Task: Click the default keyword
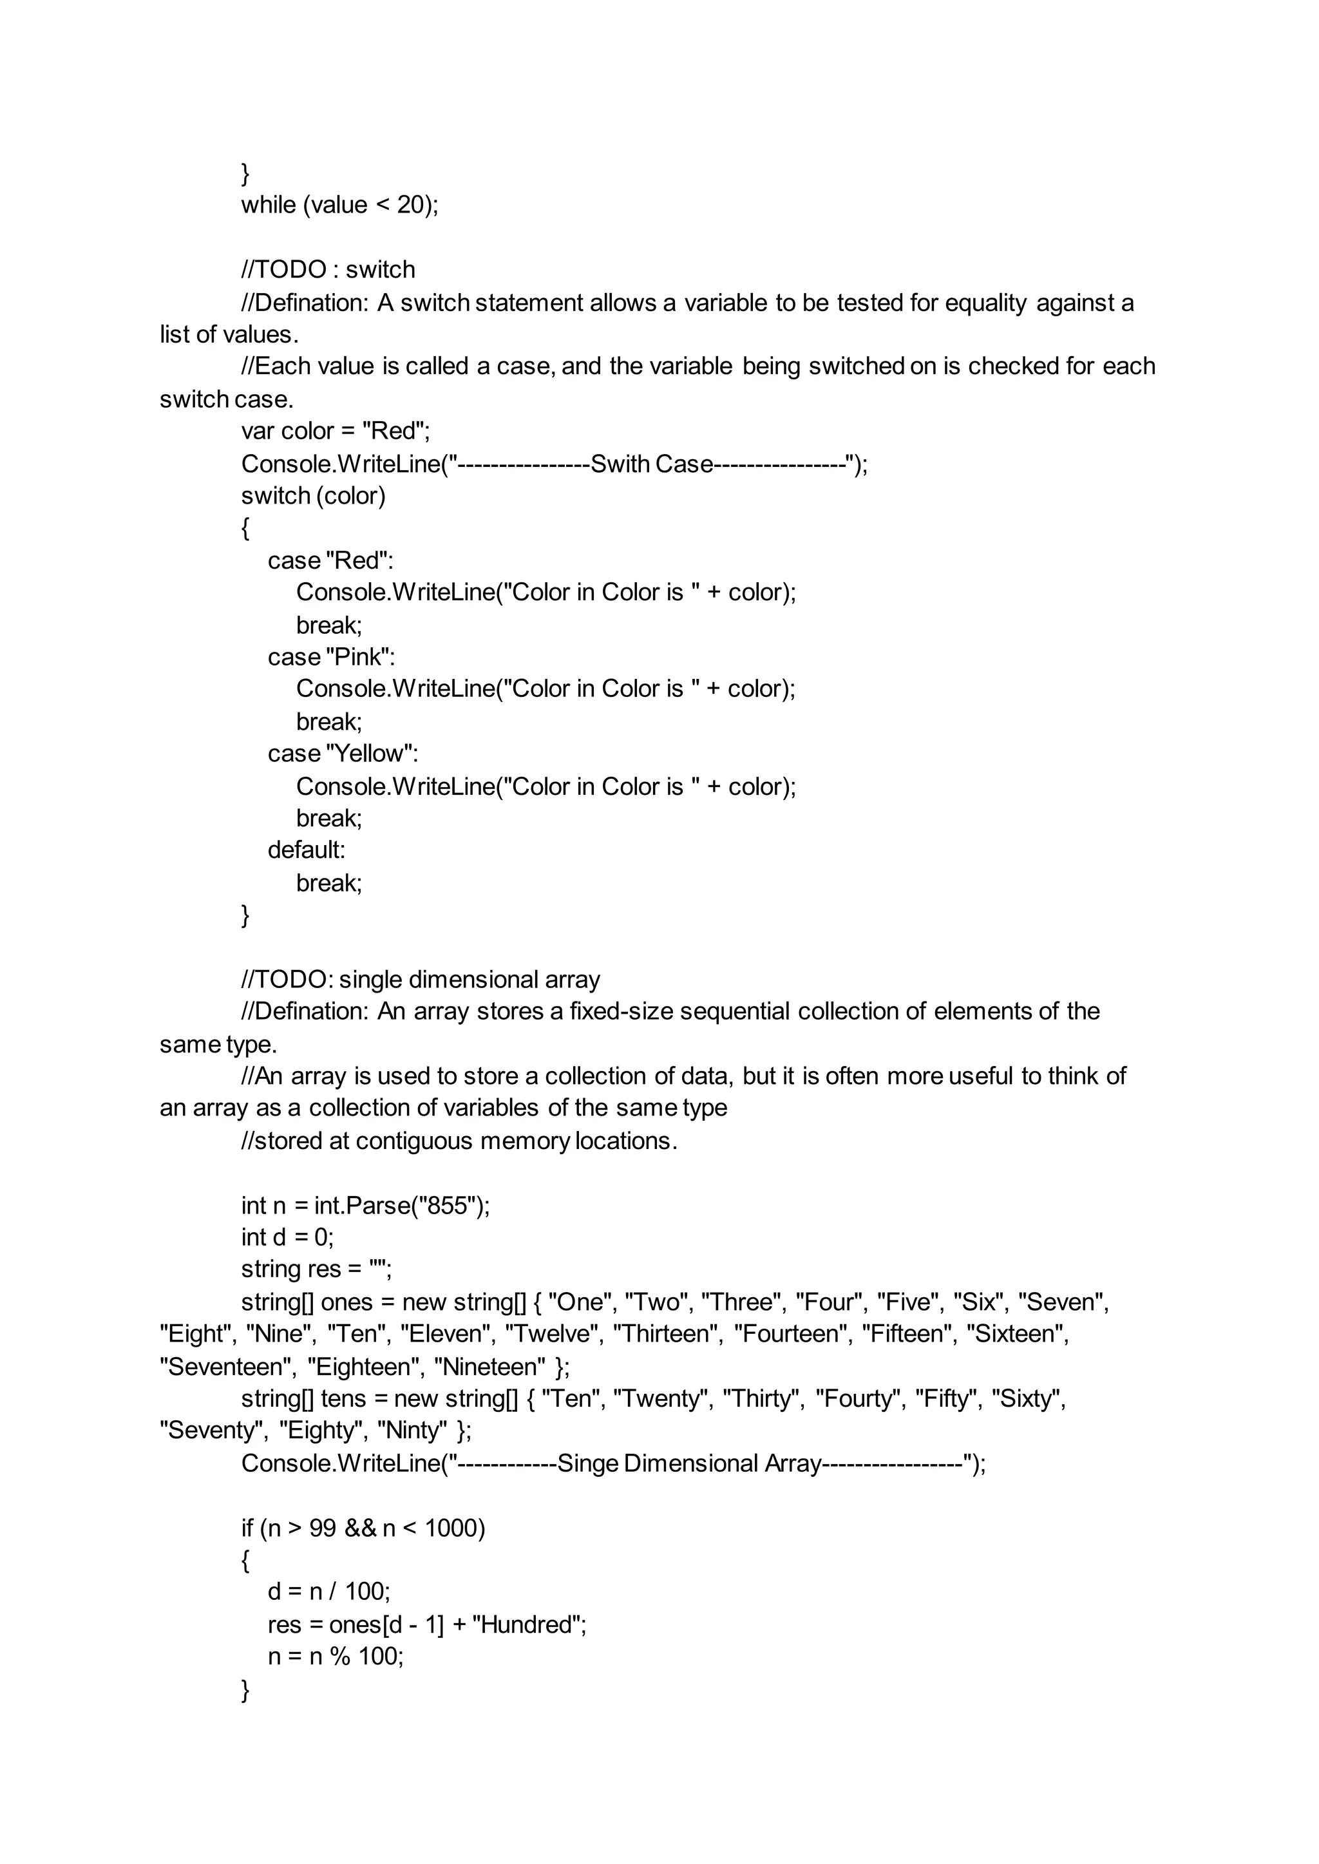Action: click(x=306, y=850)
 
